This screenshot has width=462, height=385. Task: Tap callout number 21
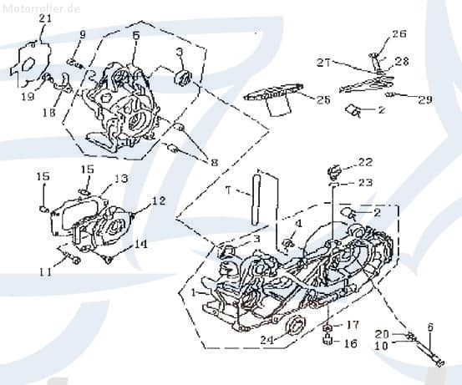[x=45, y=18]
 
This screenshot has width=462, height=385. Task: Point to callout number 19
[x=28, y=96]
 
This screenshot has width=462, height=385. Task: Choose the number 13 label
[x=122, y=179]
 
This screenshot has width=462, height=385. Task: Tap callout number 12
[x=158, y=201]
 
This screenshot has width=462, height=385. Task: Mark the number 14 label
[x=140, y=244]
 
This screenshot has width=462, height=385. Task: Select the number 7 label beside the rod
[x=227, y=190]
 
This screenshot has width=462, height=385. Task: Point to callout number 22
[x=365, y=162]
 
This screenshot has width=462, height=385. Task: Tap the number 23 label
[x=365, y=183]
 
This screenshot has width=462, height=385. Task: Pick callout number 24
[x=267, y=339]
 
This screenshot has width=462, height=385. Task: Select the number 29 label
[x=425, y=100]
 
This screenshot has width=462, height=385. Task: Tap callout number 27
[x=323, y=62]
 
